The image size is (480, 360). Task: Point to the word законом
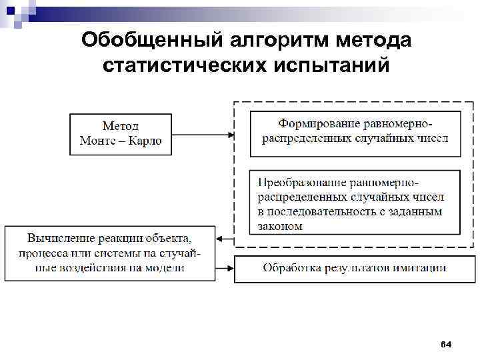[280, 227]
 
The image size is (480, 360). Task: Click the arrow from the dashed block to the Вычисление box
[225, 239]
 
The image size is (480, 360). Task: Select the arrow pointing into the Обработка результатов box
[225, 268]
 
